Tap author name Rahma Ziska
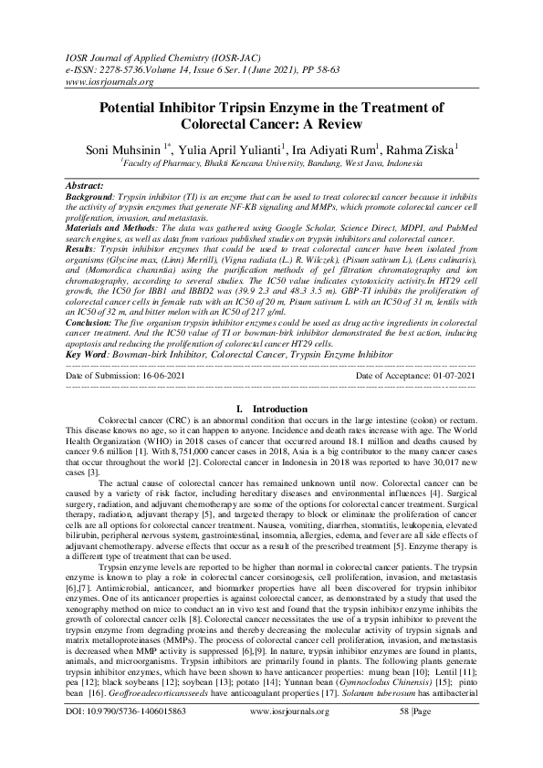click(x=428, y=147)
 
